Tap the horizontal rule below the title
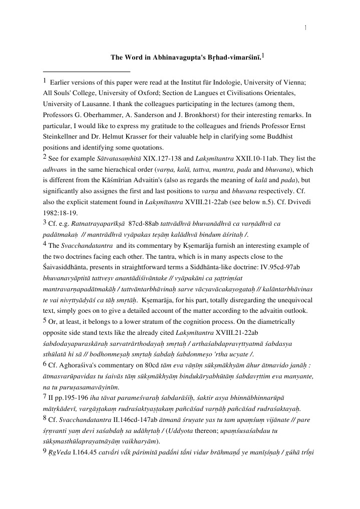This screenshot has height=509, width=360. (x=87, y=72)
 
